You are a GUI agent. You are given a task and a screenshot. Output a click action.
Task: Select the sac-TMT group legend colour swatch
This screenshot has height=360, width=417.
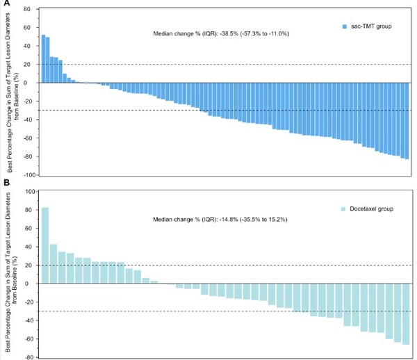(x=345, y=26)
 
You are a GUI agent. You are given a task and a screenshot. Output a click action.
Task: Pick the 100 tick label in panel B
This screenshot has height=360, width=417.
(x=28, y=191)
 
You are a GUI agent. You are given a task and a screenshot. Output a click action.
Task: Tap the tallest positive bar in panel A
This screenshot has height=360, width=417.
(x=43, y=58)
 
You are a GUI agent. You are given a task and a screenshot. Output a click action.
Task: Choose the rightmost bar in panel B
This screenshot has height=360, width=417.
(x=405, y=314)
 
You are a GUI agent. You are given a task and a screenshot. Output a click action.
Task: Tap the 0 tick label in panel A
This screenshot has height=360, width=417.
(x=32, y=83)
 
